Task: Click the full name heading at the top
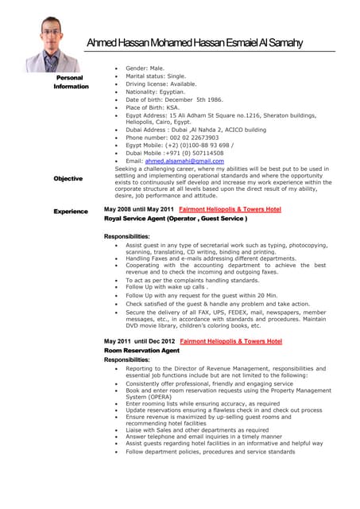click(194, 42)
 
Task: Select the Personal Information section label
click(71, 82)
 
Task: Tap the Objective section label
click(68, 178)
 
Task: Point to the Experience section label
click(70, 211)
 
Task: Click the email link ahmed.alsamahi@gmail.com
click(184, 161)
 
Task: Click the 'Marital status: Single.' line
click(155, 76)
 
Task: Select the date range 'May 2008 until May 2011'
click(138, 209)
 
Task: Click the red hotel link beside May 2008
click(230, 209)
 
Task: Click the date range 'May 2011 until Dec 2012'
click(138, 341)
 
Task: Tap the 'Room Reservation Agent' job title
click(141, 350)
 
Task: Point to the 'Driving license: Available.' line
click(161, 84)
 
